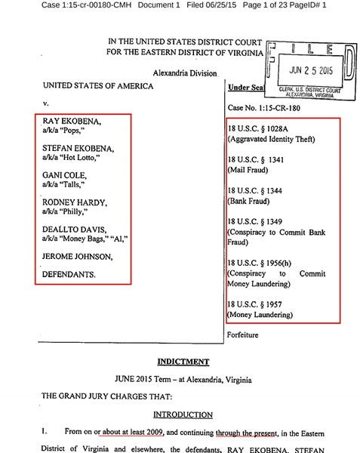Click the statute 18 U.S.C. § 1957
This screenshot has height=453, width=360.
(x=259, y=304)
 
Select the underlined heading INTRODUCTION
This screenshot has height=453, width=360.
(x=180, y=415)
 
